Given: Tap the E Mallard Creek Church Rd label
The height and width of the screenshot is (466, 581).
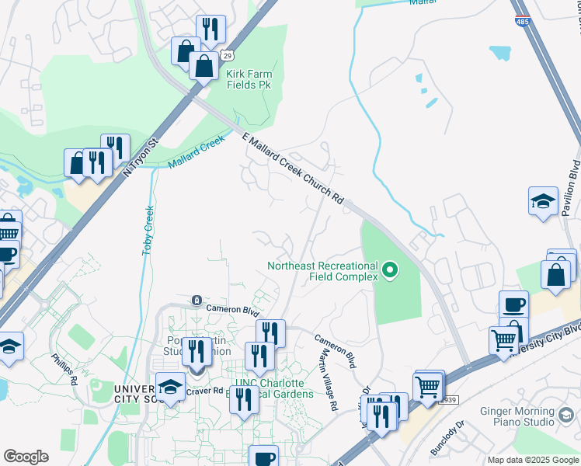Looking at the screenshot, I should [293, 168].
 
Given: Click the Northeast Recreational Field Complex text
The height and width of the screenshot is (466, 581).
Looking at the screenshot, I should [322, 270].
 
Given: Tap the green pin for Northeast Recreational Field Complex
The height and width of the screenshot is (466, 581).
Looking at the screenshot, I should [391, 270].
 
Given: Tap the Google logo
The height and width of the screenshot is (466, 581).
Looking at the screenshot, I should [26, 456].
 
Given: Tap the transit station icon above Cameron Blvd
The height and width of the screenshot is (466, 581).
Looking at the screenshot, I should [197, 300].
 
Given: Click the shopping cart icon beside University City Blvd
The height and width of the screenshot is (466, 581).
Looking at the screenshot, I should [503, 339].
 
